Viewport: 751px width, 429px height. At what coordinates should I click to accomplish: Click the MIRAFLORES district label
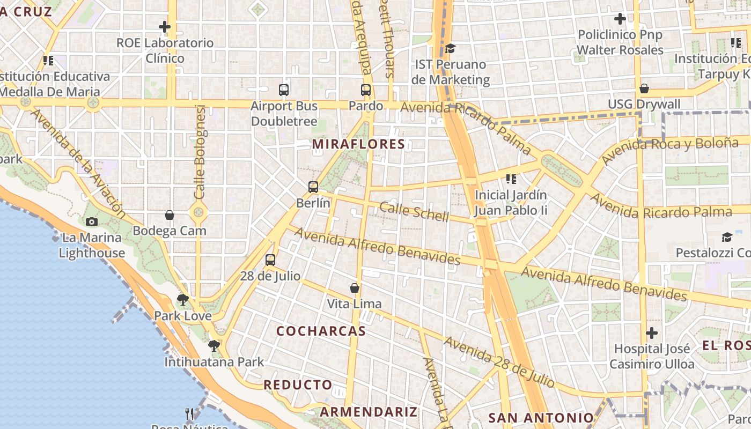click(x=358, y=144)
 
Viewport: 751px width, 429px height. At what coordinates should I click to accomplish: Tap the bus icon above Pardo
click(x=366, y=90)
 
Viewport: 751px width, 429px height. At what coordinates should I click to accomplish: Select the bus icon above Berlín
click(x=313, y=187)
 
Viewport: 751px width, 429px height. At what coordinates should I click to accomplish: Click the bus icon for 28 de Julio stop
click(x=270, y=260)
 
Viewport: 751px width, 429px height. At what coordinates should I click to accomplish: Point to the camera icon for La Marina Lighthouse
click(x=92, y=221)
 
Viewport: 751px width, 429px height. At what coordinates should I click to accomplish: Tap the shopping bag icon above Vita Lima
click(x=355, y=288)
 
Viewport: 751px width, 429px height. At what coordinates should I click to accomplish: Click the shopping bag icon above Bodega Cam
click(x=170, y=215)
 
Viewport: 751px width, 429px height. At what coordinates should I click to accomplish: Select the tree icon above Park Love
click(x=183, y=300)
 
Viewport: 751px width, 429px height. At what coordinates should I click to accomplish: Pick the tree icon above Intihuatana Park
click(x=214, y=346)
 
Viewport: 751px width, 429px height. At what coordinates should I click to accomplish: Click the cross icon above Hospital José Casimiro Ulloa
click(x=652, y=333)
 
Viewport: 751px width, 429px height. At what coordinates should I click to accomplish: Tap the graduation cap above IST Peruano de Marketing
click(x=450, y=49)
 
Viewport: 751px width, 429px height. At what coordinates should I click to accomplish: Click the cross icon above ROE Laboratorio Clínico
click(x=165, y=27)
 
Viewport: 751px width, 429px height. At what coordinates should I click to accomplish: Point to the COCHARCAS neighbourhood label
click(x=321, y=331)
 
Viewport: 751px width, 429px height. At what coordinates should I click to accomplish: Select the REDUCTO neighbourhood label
click(x=298, y=385)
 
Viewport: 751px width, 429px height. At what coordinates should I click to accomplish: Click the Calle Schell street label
click(x=414, y=211)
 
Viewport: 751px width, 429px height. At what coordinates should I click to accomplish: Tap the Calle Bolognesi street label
click(x=200, y=152)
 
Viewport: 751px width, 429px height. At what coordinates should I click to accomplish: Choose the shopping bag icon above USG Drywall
click(x=644, y=88)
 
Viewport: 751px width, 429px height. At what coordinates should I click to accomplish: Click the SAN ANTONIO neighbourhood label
click(x=541, y=418)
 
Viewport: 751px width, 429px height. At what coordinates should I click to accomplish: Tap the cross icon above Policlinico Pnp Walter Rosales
click(x=620, y=19)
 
